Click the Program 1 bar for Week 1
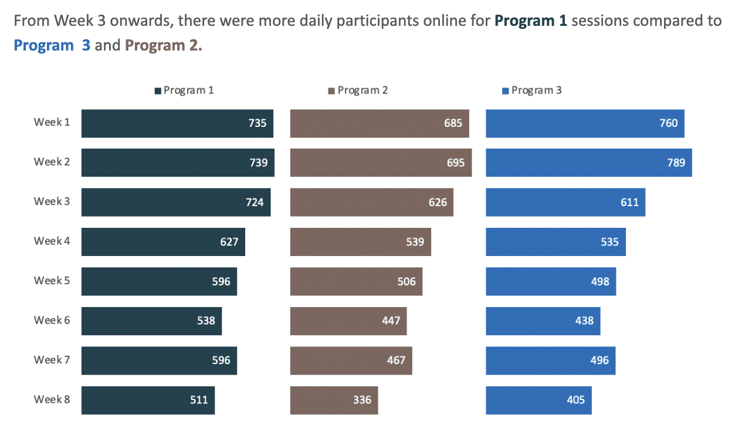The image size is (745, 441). (x=177, y=123)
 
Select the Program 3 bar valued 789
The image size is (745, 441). (x=588, y=163)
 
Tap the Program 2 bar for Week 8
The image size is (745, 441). (x=334, y=400)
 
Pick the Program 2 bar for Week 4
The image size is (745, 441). (x=360, y=242)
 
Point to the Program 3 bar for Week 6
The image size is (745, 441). (x=543, y=321)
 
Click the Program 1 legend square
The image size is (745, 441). (x=158, y=91)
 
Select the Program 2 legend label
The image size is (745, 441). (x=363, y=90)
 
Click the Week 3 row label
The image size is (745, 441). (x=52, y=201)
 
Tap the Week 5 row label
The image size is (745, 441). (x=52, y=281)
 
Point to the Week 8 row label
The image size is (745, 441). (x=52, y=400)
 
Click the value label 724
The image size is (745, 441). (x=255, y=203)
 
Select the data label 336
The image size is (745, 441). (x=362, y=400)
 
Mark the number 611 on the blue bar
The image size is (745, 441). (x=629, y=203)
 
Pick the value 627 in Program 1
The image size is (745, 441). (x=229, y=242)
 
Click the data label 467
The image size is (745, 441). (x=396, y=361)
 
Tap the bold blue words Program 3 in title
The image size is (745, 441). (x=52, y=45)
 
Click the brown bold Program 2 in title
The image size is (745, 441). (x=163, y=45)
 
